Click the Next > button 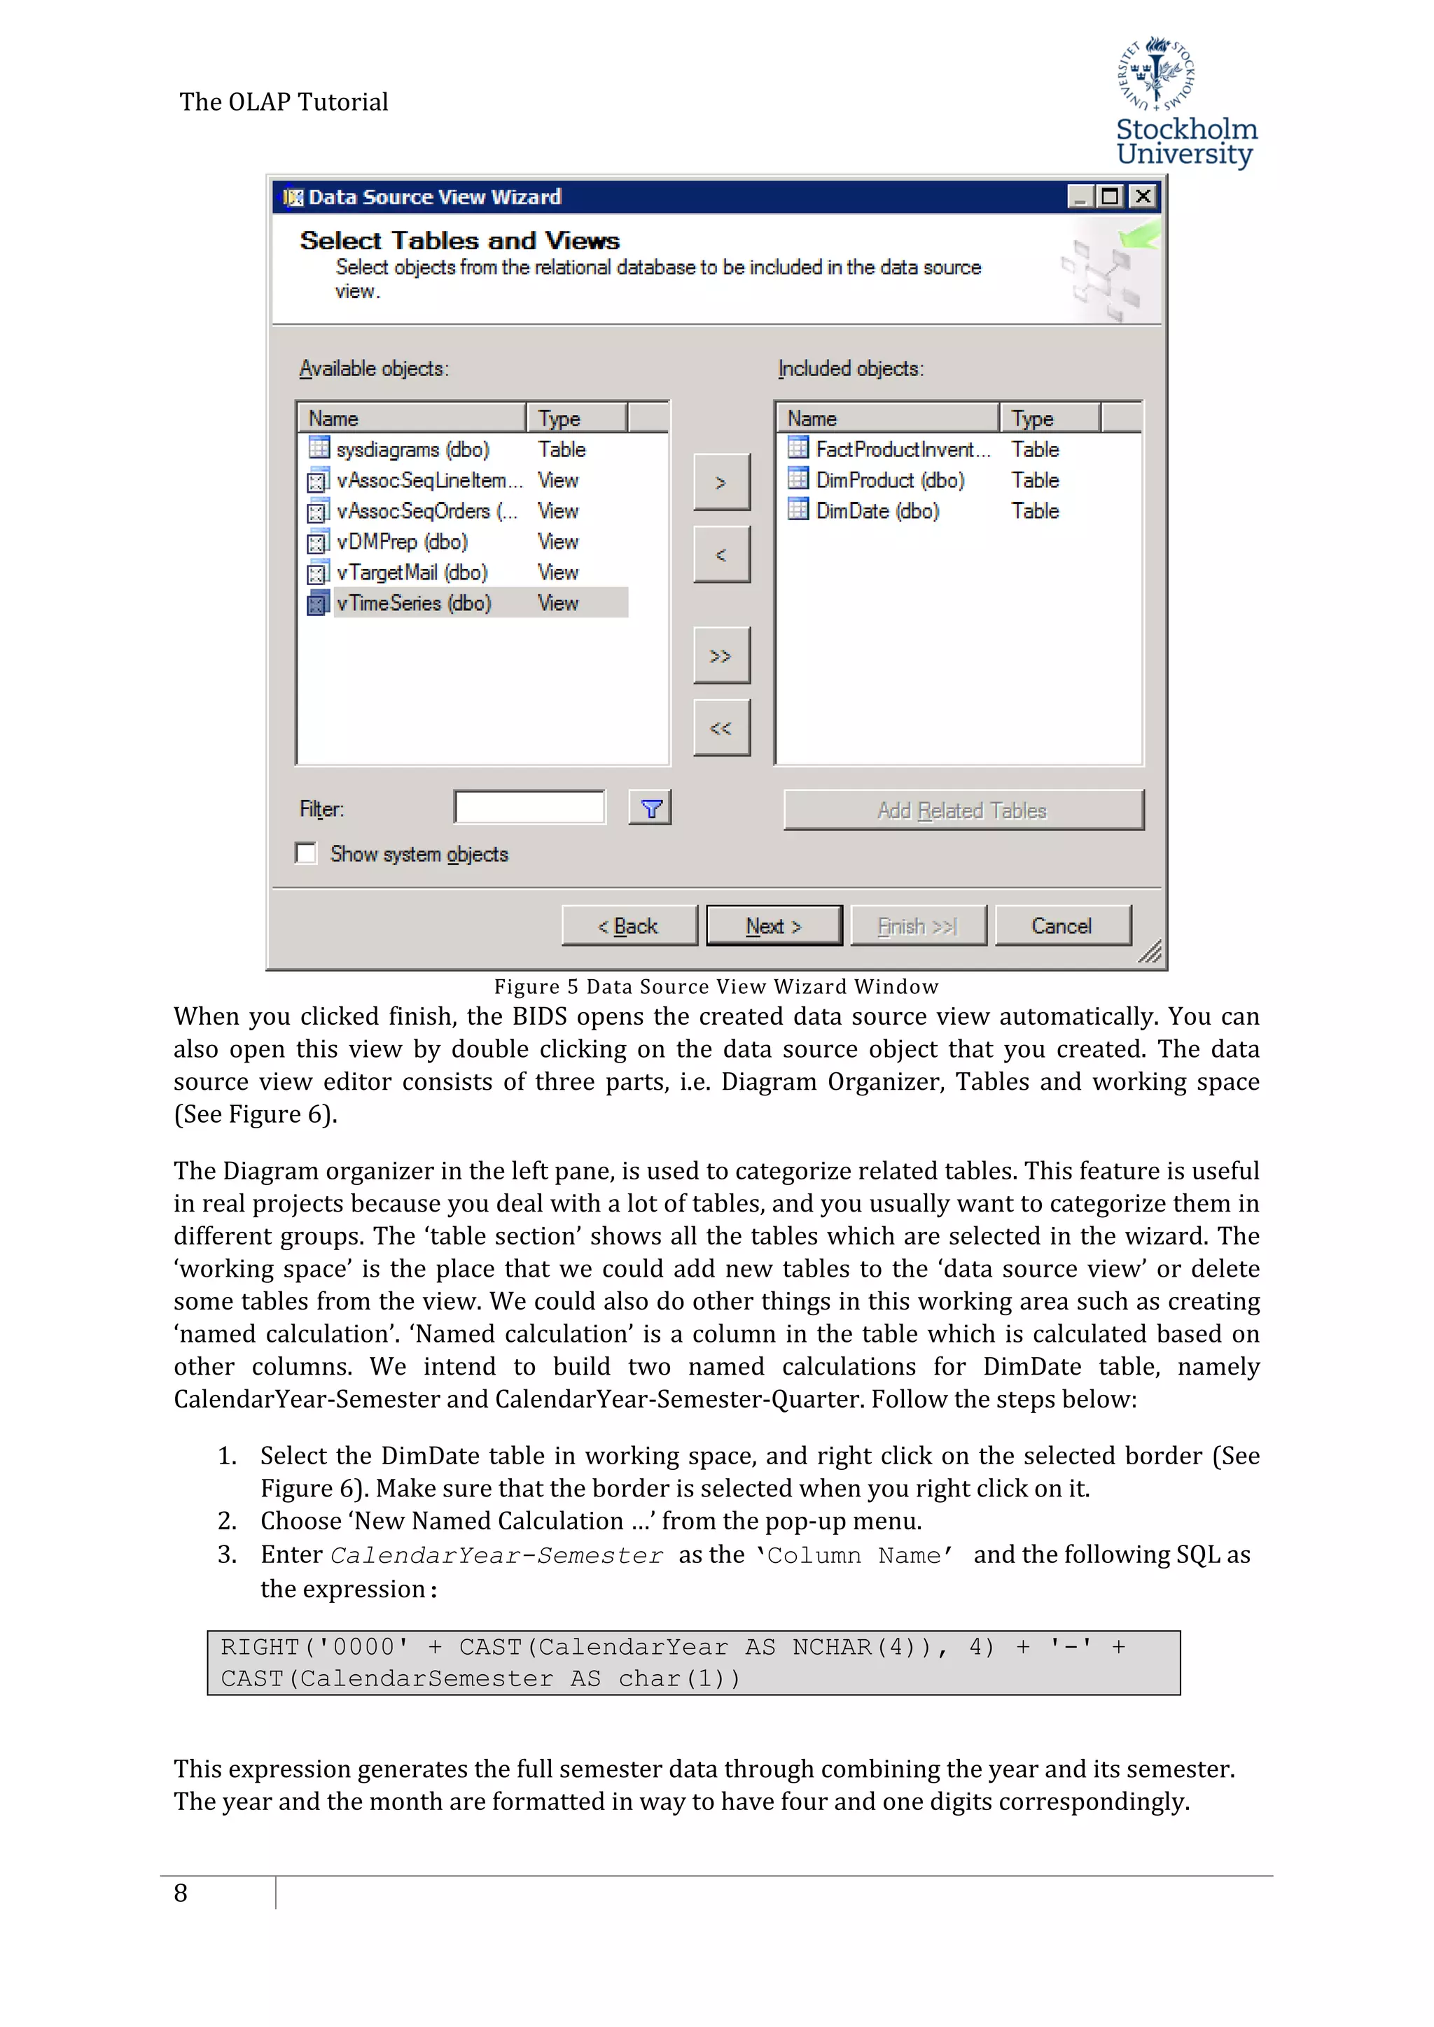pyautogui.click(x=774, y=925)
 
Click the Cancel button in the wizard pyautogui.click(x=1062, y=925)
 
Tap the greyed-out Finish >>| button pyautogui.click(x=917, y=925)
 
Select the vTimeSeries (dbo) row pyautogui.click(x=413, y=603)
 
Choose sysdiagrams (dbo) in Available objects pyautogui.click(x=412, y=449)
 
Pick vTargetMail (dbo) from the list pyautogui.click(x=412, y=572)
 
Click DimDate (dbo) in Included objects pyautogui.click(x=877, y=510)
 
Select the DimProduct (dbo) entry pyautogui.click(x=889, y=479)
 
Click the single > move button pyautogui.click(x=721, y=482)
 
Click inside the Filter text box pyautogui.click(x=530, y=807)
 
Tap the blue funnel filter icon pyautogui.click(x=650, y=808)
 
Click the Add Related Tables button pyautogui.click(x=963, y=810)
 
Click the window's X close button pyautogui.click(x=1143, y=196)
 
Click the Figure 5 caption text pyautogui.click(x=716, y=986)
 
